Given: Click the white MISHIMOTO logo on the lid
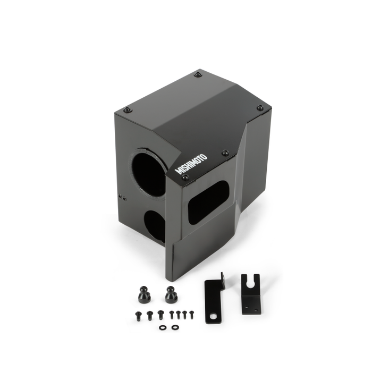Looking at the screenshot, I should click(192, 164).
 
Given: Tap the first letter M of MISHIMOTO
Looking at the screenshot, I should click(179, 172).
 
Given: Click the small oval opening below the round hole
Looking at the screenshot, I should click(155, 226).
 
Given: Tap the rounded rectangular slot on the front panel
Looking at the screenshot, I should click(208, 202).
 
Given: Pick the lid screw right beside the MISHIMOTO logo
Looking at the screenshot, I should click(225, 153).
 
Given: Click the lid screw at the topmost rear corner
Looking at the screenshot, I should click(198, 74).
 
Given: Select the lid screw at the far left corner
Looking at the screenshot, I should click(127, 110).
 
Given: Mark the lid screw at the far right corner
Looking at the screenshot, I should click(260, 108).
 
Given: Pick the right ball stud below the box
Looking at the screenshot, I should click(171, 294).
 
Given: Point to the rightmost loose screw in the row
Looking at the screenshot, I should click(191, 314).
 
